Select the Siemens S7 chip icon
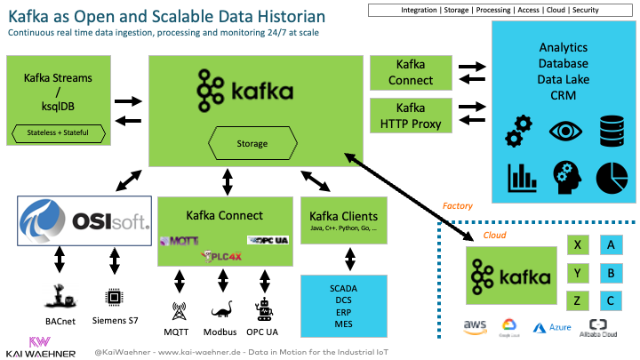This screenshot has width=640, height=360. point(113,297)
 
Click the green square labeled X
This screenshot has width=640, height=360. point(579,244)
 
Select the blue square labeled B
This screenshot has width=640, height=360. point(611,273)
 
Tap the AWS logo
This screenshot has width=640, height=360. point(475,326)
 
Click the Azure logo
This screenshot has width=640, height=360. point(551,327)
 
